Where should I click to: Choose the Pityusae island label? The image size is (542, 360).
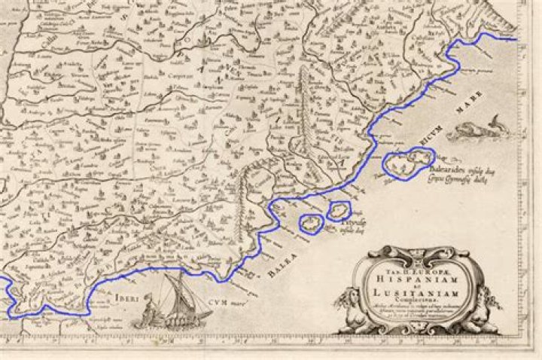coord(352,224)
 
